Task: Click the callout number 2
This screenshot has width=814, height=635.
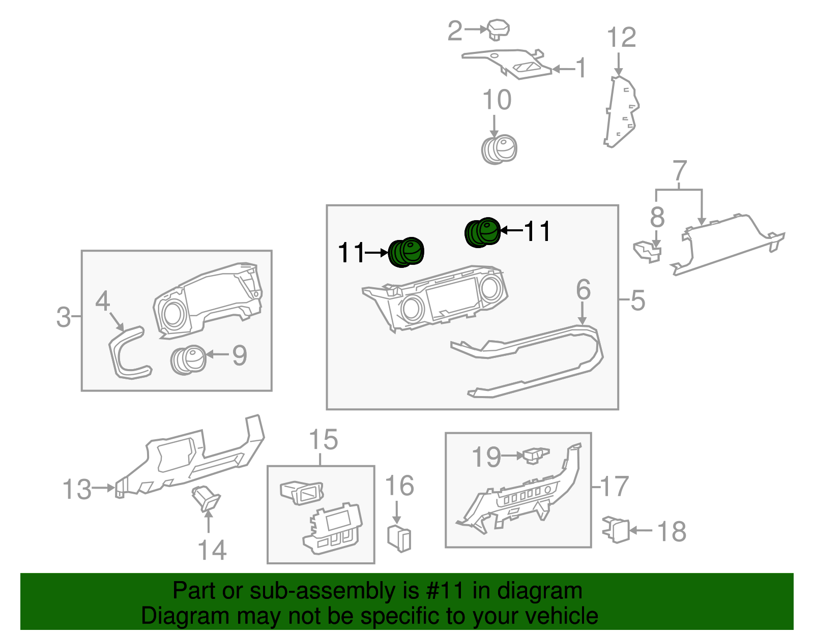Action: pyautogui.click(x=454, y=31)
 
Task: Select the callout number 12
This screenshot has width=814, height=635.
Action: pyautogui.click(x=621, y=38)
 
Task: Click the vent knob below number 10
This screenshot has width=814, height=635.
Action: pyautogui.click(x=499, y=149)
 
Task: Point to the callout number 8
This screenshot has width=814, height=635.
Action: pyautogui.click(x=657, y=217)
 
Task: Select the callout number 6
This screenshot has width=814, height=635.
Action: pyautogui.click(x=583, y=290)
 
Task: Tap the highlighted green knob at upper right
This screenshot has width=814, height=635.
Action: pyautogui.click(x=482, y=232)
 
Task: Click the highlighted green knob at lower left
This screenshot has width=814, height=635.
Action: pyautogui.click(x=406, y=252)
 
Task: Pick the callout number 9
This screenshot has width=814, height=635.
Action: pyautogui.click(x=240, y=355)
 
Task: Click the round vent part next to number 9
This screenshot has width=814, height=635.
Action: pyautogui.click(x=188, y=359)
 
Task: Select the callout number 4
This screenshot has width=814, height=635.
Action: pyautogui.click(x=102, y=301)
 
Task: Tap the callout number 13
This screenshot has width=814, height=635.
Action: pyautogui.click(x=76, y=490)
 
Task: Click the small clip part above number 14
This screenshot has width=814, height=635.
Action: pyautogui.click(x=206, y=498)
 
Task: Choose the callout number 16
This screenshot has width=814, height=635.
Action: pyautogui.click(x=399, y=486)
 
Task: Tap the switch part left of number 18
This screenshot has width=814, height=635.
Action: pyautogui.click(x=616, y=530)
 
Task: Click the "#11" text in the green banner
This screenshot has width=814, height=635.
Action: pyautogui.click(x=443, y=591)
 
